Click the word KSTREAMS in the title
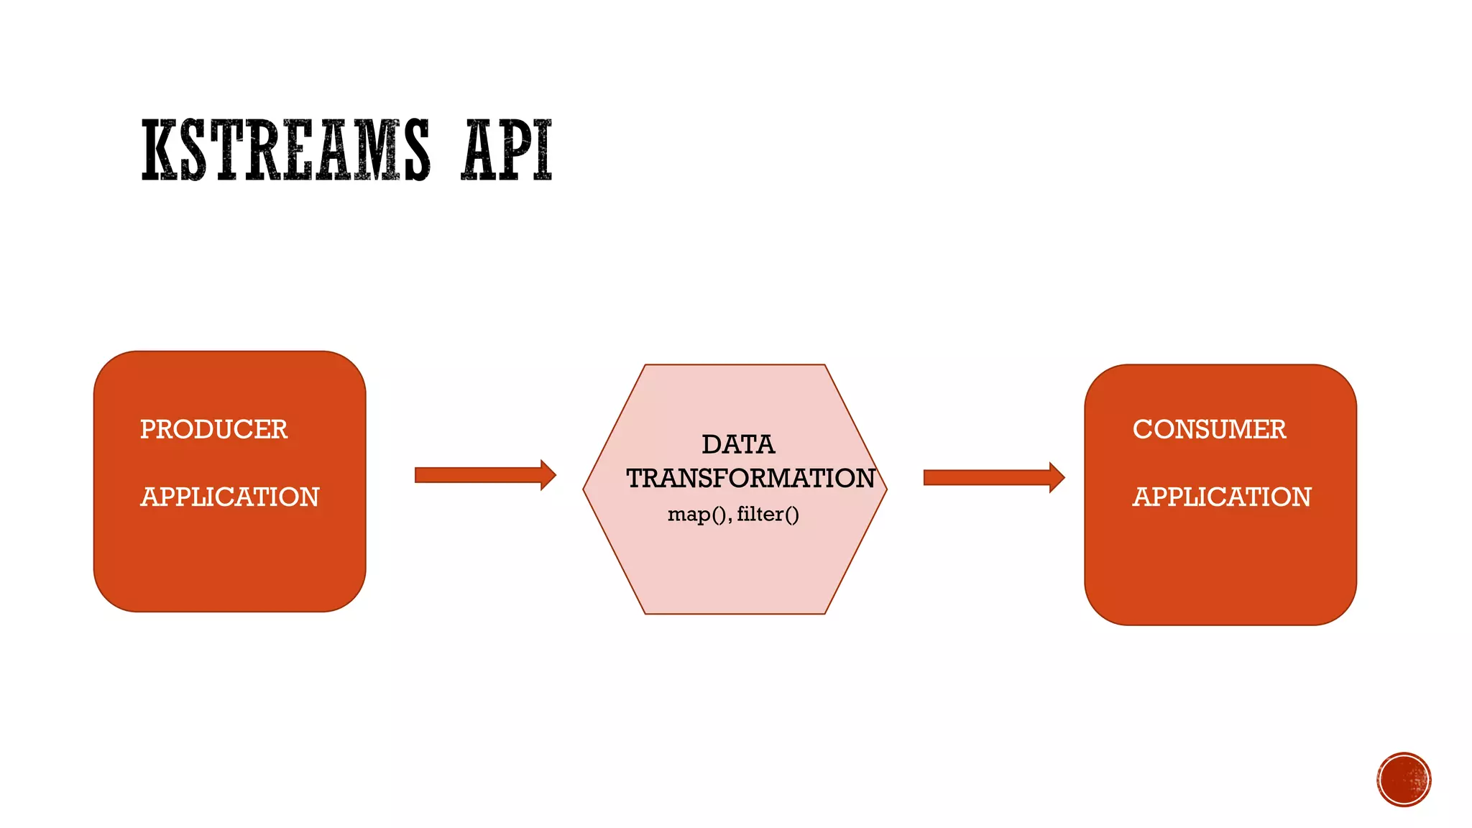285,150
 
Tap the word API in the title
507,150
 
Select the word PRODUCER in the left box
213,429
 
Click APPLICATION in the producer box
229,497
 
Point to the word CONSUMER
1209,429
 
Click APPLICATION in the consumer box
1222,497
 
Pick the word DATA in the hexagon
738,444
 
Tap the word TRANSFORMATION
750,478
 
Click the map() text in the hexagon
698,515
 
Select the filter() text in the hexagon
768,515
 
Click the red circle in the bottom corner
1404,779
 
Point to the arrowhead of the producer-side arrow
548,475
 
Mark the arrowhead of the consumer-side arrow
1057,477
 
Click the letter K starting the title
159,150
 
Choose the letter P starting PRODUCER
147,429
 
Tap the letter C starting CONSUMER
1142,429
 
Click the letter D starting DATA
711,444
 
